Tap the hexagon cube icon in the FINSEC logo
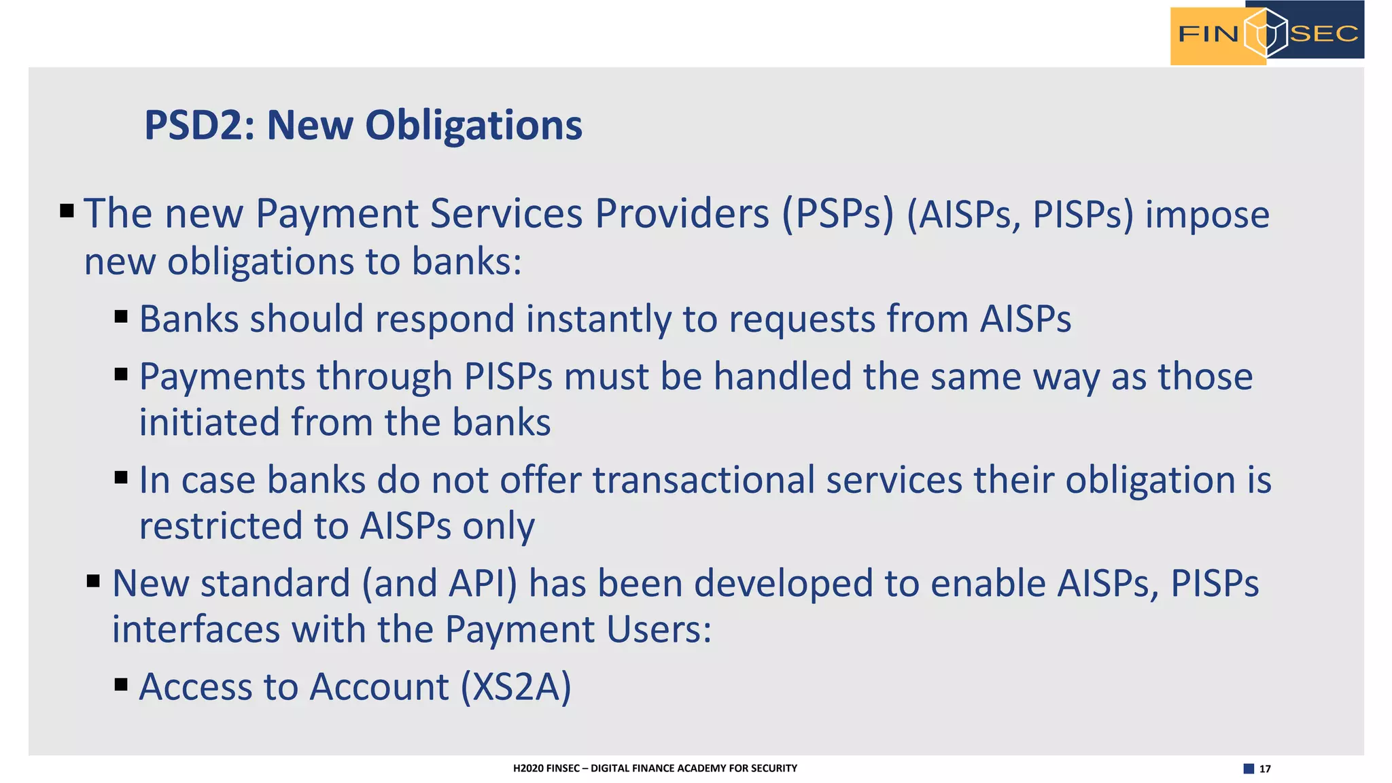[x=1266, y=33]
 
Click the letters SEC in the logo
[x=1323, y=33]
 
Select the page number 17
[x=1265, y=769]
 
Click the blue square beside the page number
[x=1249, y=769]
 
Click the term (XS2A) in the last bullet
[x=516, y=686]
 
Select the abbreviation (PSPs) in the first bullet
[x=837, y=214]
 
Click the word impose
[x=1207, y=215]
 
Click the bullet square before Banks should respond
[x=122, y=316]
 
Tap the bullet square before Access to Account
[x=122, y=684]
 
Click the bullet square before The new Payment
[x=67, y=211]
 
